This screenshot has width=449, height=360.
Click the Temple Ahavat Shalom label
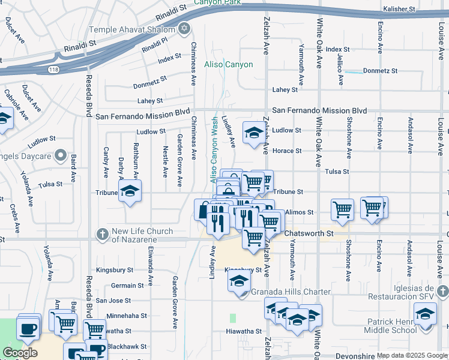tap(133, 29)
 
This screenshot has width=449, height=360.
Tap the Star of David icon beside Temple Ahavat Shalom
tap(184, 29)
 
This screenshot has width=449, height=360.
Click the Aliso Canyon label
tap(229, 64)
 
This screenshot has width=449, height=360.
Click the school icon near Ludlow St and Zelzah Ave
tap(253, 131)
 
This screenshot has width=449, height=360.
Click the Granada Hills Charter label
tap(291, 292)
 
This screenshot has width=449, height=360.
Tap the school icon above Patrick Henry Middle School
tap(425, 314)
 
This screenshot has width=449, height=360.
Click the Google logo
tap(20, 353)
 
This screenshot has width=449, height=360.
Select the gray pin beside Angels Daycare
tap(60, 157)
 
